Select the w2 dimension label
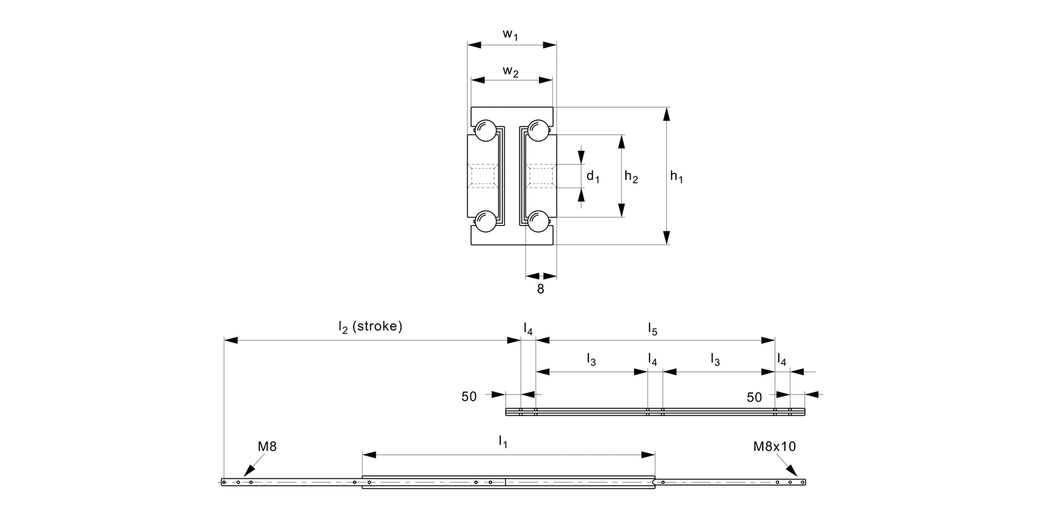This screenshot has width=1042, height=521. (x=511, y=72)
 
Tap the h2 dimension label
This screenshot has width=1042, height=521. (x=631, y=177)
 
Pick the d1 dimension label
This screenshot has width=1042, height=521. (x=593, y=177)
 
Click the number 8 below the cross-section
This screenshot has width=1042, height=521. (x=540, y=289)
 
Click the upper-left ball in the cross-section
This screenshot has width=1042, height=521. (x=484, y=130)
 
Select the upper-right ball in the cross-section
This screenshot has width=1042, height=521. (x=539, y=130)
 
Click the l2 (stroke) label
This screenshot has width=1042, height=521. (x=370, y=326)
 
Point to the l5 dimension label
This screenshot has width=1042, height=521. (x=653, y=328)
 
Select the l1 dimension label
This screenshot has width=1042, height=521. (x=503, y=440)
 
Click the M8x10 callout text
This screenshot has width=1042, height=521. (x=775, y=447)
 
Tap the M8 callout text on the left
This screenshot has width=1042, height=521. (x=267, y=447)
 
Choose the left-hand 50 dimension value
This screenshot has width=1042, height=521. (x=469, y=397)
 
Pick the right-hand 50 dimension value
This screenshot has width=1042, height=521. (x=754, y=397)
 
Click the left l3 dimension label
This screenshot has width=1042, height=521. (x=591, y=359)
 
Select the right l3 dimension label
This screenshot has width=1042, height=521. (x=715, y=359)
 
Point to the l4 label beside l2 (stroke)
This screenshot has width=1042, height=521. (x=529, y=328)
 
